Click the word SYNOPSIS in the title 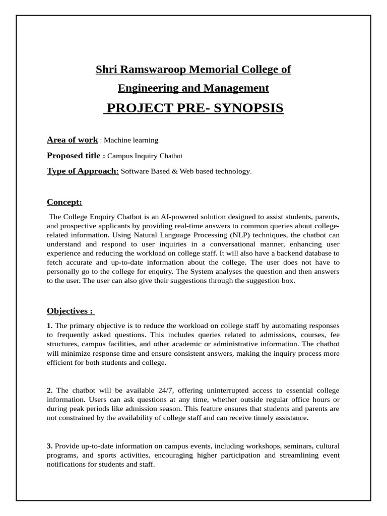point(248,108)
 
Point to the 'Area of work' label point(72,140)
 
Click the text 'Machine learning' point(131,140)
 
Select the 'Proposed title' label point(76,156)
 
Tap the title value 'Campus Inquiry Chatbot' point(145,156)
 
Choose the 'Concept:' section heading point(64,202)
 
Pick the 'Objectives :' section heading point(71,311)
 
